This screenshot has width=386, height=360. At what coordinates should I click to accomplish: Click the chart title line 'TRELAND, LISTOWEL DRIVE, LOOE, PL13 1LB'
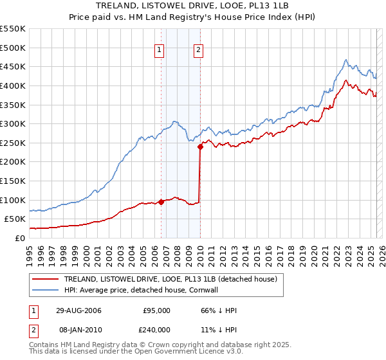tap(192, 6)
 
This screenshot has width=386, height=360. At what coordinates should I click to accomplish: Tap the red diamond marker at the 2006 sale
tap(161, 202)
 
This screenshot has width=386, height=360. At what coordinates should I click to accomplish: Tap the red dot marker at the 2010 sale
tap(200, 147)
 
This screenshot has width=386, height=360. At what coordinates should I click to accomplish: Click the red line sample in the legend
tap(45, 279)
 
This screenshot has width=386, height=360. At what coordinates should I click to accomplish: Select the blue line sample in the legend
tap(45, 290)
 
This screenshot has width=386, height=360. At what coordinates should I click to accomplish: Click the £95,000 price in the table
tap(156, 310)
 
